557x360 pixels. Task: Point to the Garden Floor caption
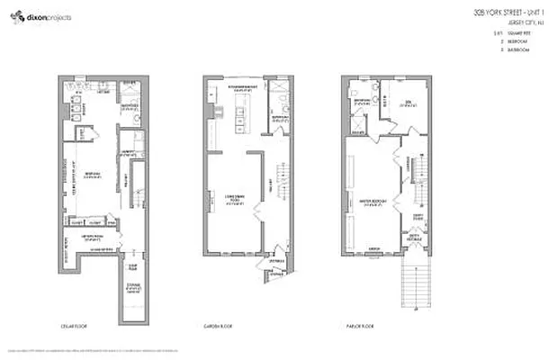tap(219, 327)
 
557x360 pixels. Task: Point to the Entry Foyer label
tap(418, 216)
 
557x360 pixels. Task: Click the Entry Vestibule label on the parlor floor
tap(415, 239)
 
